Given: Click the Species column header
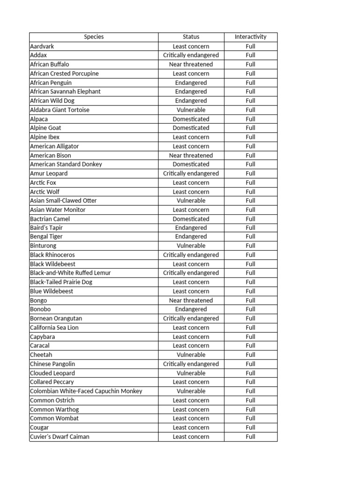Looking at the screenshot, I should point(94,37).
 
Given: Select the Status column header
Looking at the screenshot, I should point(191,37).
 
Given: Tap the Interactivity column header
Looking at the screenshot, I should point(250,37).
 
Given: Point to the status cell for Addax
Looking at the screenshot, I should point(191,55).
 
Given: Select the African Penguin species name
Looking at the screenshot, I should point(51,82).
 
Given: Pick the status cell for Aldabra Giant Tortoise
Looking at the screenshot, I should point(191,110).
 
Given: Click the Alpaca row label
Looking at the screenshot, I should point(39,119).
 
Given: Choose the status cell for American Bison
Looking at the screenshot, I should point(191,155).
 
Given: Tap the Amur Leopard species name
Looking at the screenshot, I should point(49,173).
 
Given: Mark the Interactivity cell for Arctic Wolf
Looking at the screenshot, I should point(250,192).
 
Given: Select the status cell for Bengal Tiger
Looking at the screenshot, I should point(191,237).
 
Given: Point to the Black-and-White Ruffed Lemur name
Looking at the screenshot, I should point(70,273).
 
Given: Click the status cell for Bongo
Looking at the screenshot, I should point(191,300).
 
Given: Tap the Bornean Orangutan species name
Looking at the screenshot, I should point(56,318).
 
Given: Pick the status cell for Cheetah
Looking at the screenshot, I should point(191,355).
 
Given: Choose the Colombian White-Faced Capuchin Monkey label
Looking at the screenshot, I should point(86,391).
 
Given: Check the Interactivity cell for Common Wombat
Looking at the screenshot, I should point(250,418).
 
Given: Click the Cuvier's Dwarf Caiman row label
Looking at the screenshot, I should point(60,436).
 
